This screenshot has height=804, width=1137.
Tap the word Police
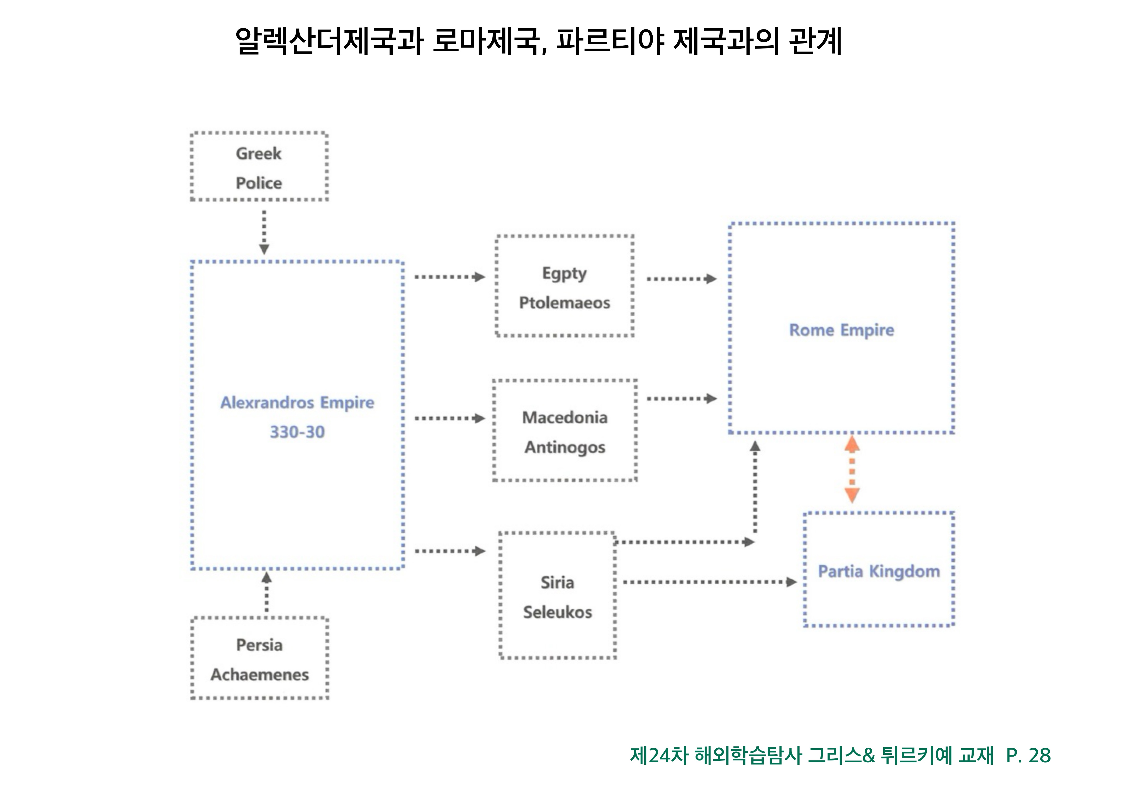(x=258, y=183)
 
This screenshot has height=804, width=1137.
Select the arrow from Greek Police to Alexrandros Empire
(x=264, y=232)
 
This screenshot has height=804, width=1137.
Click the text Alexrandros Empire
(x=297, y=403)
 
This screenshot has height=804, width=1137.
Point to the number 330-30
(x=297, y=432)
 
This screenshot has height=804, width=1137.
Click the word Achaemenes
(x=259, y=675)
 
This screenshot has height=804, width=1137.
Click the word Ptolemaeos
(x=565, y=303)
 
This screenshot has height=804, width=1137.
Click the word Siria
(x=557, y=583)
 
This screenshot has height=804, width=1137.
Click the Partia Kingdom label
(x=879, y=571)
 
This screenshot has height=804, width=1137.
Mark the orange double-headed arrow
(x=852, y=468)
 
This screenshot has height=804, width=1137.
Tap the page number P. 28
(x=1028, y=756)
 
